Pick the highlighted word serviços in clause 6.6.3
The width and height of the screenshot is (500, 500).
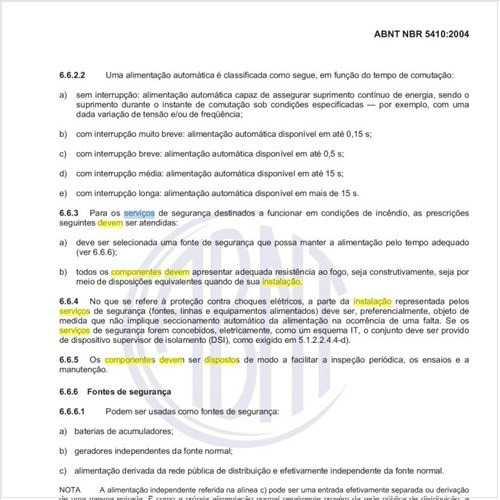click(139, 213)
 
